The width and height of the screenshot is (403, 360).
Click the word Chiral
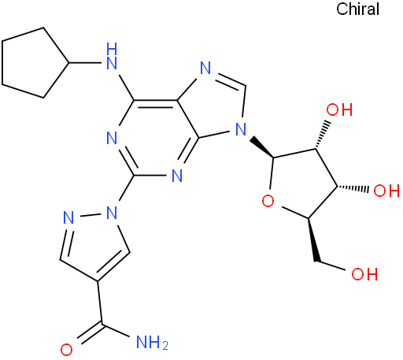click(357, 9)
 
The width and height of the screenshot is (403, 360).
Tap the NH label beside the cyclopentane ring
click(112, 57)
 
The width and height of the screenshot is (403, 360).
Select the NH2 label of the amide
click(152, 342)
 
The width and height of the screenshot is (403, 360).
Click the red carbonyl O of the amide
click(66, 350)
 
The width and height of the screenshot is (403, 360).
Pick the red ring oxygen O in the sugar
click(268, 202)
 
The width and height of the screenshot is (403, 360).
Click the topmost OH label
click(339, 109)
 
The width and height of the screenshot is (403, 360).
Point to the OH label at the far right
click(386, 191)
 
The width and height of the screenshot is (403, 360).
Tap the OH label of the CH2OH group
click(364, 274)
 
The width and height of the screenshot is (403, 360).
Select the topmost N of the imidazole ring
click(205, 68)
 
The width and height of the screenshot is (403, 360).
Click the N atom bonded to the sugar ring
click(241, 129)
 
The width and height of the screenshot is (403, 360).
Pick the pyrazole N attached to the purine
click(112, 213)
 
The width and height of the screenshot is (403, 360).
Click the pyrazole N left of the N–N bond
click(68, 217)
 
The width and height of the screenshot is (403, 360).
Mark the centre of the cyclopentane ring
click(31, 63)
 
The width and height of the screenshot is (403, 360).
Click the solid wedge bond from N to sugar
click(261, 147)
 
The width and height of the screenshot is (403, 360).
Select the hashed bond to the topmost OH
click(322, 135)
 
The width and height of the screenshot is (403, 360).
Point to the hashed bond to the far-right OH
click(353, 188)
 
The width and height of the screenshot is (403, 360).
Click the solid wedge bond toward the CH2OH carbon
click(313, 239)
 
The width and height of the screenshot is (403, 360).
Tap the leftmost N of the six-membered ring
click(112, 138)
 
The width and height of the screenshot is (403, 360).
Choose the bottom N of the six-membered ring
click(176, 175)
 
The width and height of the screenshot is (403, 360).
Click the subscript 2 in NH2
click(165, 346)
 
